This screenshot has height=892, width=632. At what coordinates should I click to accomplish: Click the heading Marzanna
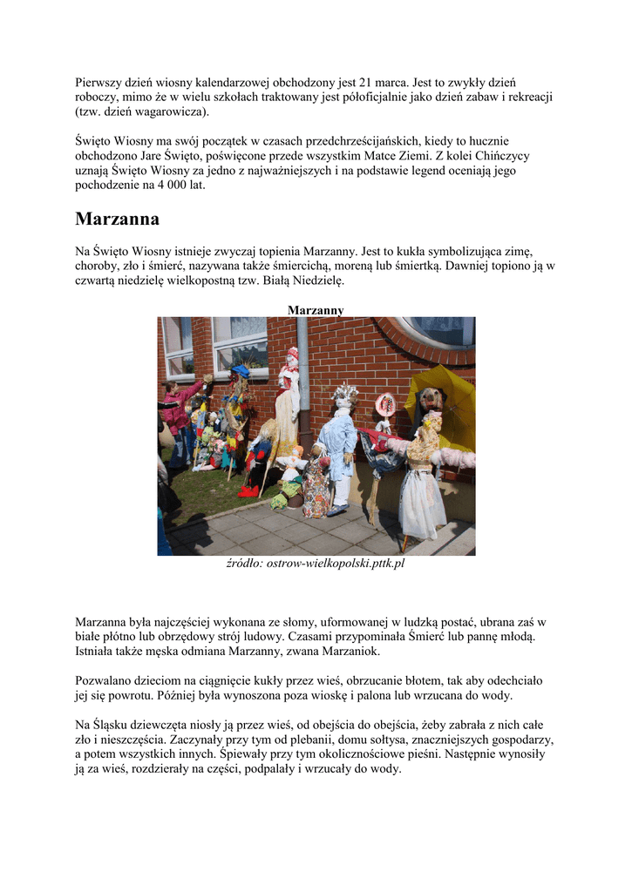[117, 220]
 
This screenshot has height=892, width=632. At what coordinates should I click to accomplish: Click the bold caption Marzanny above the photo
[316, 310]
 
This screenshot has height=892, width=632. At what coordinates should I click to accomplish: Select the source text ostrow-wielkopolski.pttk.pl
[336, 564]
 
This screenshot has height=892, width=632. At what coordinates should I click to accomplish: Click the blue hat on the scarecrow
[240, 371]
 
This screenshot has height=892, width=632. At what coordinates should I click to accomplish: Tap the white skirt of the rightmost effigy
[422, 505]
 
